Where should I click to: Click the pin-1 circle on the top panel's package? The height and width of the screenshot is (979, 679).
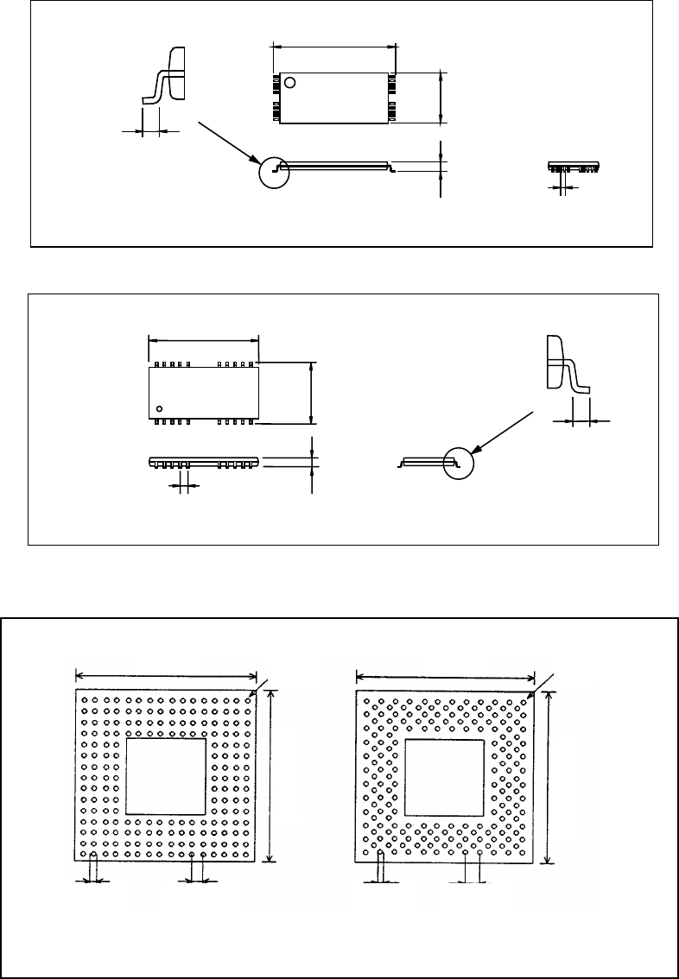click(289, 83)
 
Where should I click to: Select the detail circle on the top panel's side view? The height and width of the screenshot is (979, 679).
click(274, 171)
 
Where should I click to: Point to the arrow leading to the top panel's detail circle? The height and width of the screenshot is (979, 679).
click(230, 142)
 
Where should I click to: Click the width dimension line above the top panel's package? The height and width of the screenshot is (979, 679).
click(333, 46)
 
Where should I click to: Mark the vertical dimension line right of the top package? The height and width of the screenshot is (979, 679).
click(441, 98)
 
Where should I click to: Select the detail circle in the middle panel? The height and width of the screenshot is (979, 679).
click(460, 463)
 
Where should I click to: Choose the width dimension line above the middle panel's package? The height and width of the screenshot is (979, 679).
click(204, 339)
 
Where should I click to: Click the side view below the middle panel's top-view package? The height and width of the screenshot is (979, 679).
click(204, 463)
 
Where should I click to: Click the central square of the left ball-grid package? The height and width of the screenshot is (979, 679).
click(166, 775)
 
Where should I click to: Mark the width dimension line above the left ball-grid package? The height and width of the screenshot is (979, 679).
click(167, 676)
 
